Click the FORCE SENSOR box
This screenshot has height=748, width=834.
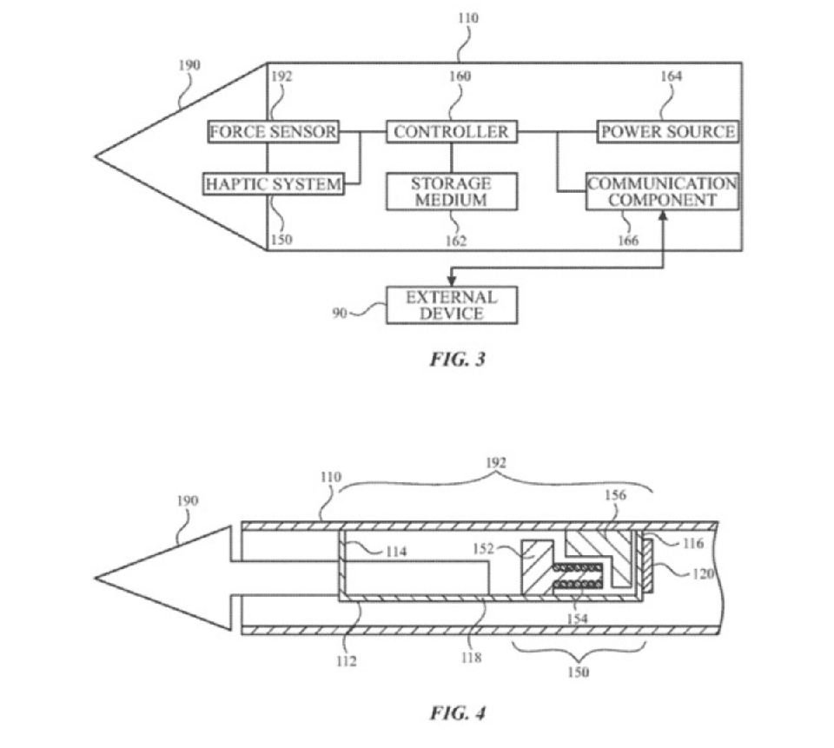(x=273, y=131)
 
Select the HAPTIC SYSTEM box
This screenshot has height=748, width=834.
(x=274, y=184)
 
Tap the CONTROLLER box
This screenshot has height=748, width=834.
(x=452, y=131)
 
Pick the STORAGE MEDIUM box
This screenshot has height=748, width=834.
(x=452, y=191)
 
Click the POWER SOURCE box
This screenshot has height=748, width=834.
(x=667, y=131)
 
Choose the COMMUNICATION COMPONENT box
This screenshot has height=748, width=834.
(x=662, y=191)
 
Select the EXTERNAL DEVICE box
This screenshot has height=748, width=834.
(x=452, y=306)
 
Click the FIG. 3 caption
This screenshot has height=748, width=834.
(x=458, y=360)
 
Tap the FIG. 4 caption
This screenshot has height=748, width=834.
(x=458, y=712)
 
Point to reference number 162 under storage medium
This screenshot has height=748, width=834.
(x=456, y=241)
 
